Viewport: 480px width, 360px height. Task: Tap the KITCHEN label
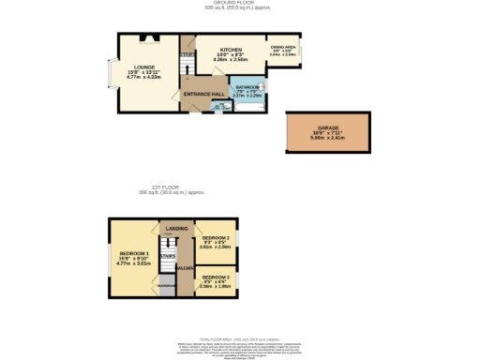pos(231,50)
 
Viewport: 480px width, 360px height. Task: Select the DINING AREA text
pos(283,46)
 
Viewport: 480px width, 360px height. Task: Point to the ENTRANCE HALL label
pos(202,95)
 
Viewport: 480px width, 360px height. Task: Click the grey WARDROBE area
pos(167,285)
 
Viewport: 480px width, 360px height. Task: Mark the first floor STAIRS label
pos(168,255)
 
